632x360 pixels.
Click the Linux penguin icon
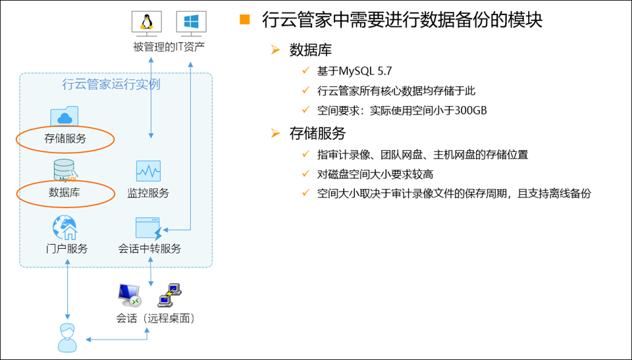pos(146,22)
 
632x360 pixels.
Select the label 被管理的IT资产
pos(169,47)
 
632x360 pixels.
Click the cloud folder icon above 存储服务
pos(65,116)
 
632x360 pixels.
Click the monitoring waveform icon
pos(148,171)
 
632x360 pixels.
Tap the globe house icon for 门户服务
pos(65,228)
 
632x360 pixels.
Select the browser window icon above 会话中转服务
pos(148,228)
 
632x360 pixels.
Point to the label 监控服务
pos(148,193)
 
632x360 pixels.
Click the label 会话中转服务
pos(149,249)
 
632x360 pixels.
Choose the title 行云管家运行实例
pos(111,84)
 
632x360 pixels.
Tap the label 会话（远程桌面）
pos(155,319)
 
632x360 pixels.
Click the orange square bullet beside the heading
pos(245,20)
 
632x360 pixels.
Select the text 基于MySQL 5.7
pos(354,71)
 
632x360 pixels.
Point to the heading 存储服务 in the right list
pos(317,134)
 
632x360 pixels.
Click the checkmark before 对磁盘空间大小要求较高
pos(305,174)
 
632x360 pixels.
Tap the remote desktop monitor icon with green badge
pos(129,296)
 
